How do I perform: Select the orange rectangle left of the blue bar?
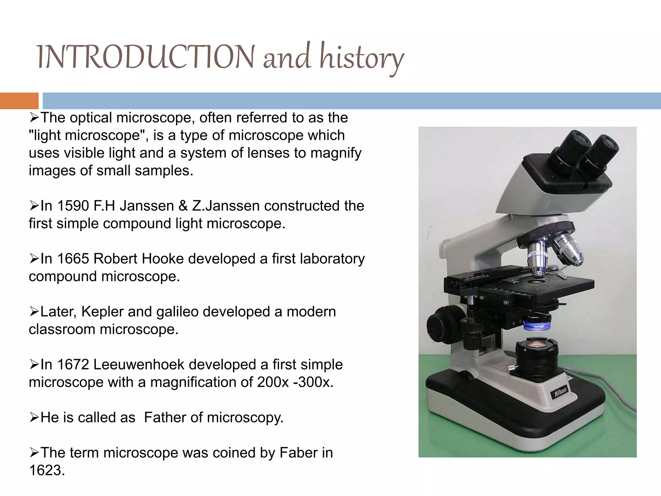(x=19, y=101)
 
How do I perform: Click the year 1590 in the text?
(x=73, y=206)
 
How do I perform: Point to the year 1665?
(x=73, y=259)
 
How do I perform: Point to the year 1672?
(x=73, y=365)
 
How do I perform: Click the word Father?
(x=165, y=418)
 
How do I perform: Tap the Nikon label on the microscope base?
(x=561, y=392)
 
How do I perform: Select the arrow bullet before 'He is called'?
(x=34, y=418)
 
